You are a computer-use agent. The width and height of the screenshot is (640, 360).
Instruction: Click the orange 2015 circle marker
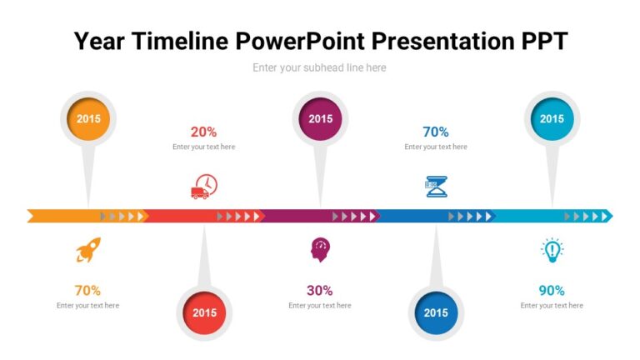[x=88, y=119]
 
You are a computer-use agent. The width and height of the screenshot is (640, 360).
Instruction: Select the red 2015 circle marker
[x=204, y=313]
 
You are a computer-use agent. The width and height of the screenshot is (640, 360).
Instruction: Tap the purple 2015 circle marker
[x=320, y=119]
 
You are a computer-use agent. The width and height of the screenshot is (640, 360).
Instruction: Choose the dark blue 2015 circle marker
[x=436, y=313]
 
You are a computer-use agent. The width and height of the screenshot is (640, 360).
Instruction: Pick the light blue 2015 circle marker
[x=552, y=119]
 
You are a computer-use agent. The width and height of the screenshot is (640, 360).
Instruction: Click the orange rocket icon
[x=88, y=250]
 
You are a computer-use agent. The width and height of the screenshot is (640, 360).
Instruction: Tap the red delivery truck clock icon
[x=204, y=187]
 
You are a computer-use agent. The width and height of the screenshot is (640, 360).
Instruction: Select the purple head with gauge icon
[x=320, y=249]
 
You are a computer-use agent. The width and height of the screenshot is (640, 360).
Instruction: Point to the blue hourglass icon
[x=436, y=187]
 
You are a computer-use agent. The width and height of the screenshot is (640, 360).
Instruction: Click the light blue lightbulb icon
[x=552, y=250]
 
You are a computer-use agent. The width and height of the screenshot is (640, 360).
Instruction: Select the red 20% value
[x=204, y=132]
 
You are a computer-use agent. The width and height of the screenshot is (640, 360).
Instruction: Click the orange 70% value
[x=88, y=291]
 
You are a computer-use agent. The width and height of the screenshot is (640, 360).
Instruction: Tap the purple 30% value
[x=320, y=291]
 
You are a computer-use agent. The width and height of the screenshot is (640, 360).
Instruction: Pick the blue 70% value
[x=436, y=132]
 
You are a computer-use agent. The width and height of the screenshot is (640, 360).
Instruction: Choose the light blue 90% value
[x=552, y=291]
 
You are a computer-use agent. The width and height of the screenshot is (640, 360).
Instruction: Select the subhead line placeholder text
[x=320, y=67]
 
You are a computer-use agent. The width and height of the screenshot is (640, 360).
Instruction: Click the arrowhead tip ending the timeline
[x=610, y=217]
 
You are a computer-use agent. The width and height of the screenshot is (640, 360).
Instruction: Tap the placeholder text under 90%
[x=552, y=306]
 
